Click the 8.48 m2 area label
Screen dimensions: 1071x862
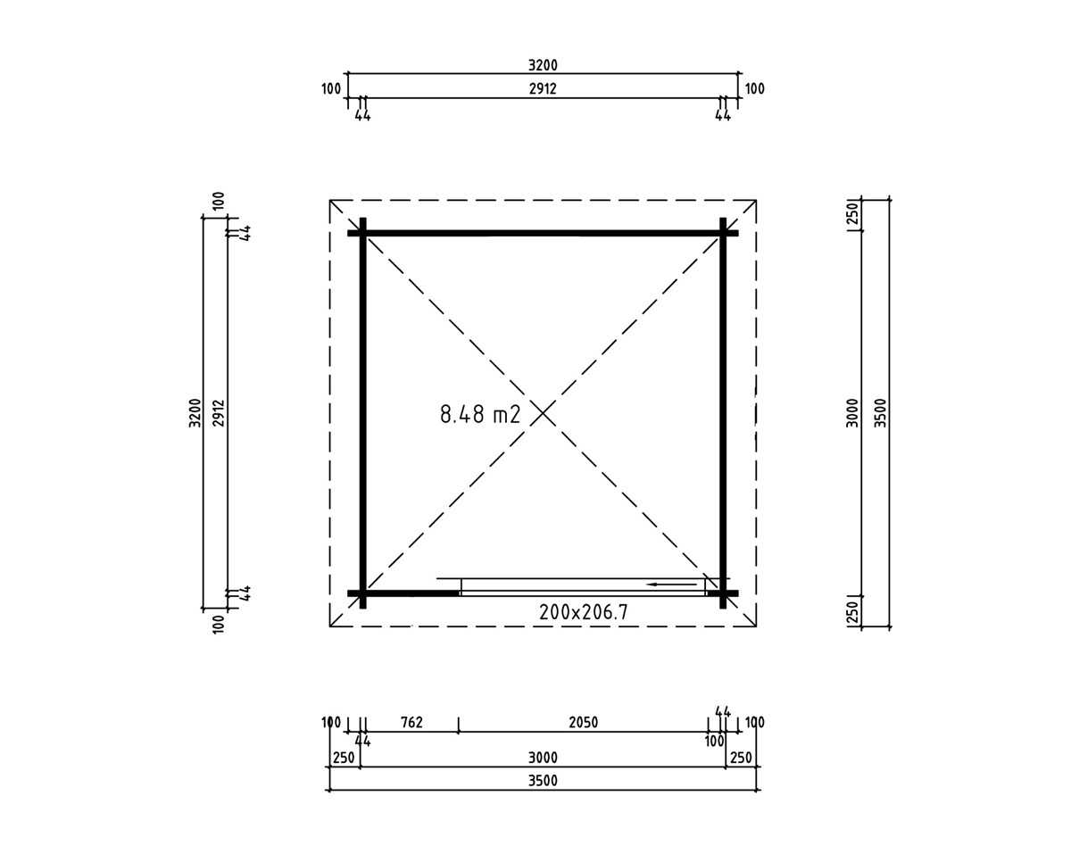click(480, 414)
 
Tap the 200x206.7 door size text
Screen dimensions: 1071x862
click(584, 612)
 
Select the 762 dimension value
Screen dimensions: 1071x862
click(411, 722)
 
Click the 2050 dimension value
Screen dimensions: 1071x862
click(584, 722)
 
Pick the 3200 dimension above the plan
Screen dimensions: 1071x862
click(543, 65)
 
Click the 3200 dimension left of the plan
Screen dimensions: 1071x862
click(195, 412)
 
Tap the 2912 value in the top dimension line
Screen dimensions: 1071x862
click(543, 88)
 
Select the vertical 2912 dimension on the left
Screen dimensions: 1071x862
click(219, 413)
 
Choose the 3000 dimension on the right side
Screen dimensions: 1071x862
click(852, 412)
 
